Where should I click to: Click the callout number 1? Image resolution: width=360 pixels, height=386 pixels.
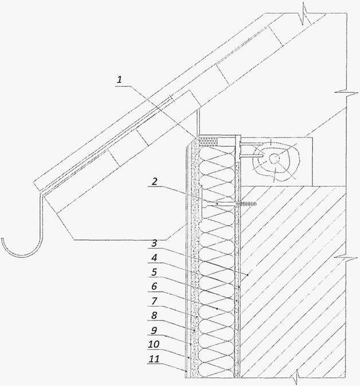click(120, 81)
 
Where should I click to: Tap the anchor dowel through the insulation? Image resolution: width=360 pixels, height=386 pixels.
click(229, 203)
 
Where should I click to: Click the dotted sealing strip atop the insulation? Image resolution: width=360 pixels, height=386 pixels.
click(209, 140)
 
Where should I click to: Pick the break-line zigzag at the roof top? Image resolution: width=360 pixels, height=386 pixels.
click(302, 13)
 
